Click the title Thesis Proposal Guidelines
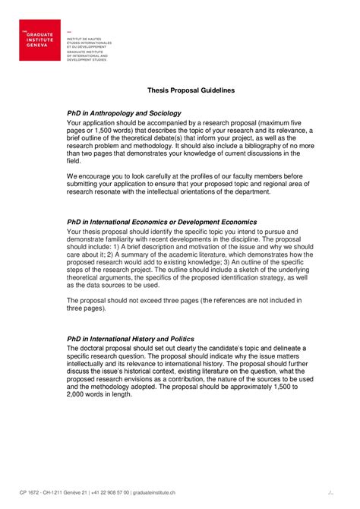(191, 90)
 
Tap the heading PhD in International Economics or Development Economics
(162, 222)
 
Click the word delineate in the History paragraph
(277, 348)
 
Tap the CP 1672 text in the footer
(30, 492)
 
